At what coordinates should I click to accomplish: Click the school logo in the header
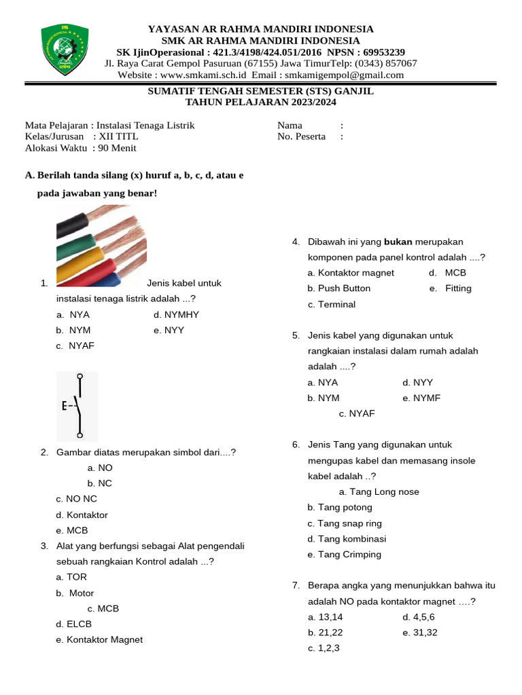[64, 50]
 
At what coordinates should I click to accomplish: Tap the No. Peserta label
[301, 136]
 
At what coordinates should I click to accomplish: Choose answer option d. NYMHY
[176, 314]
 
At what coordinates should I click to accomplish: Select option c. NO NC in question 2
[77, 499]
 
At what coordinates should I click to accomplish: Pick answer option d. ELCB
[74, 624]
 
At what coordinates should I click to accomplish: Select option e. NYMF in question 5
[421, 398]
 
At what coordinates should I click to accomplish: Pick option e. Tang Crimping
[345, 555]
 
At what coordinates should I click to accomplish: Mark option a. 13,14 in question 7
[326, 617]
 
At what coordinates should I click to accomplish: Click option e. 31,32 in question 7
[420, 633]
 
